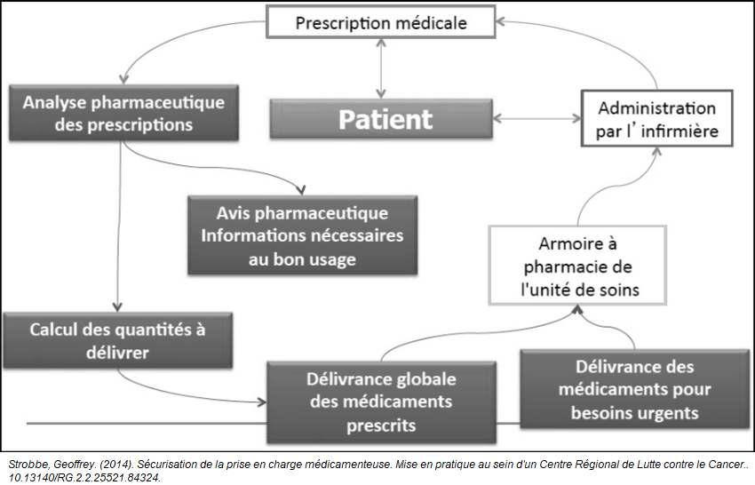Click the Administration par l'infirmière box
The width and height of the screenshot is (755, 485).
656,120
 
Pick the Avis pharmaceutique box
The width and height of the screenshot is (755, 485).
302,235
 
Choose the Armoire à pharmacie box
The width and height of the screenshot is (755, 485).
576,265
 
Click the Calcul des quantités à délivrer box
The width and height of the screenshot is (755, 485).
117,340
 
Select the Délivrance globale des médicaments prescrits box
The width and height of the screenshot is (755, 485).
376,402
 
